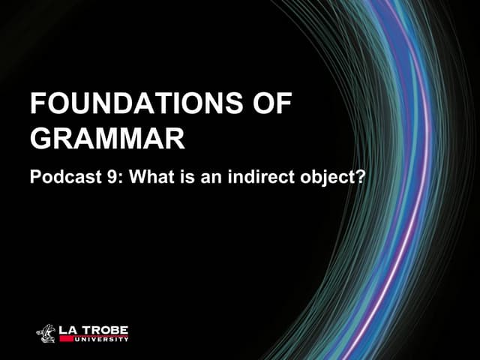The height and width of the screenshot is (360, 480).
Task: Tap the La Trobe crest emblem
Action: [x=46, y=333]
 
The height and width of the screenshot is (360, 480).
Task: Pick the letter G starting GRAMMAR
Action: [x=40, y=139]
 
